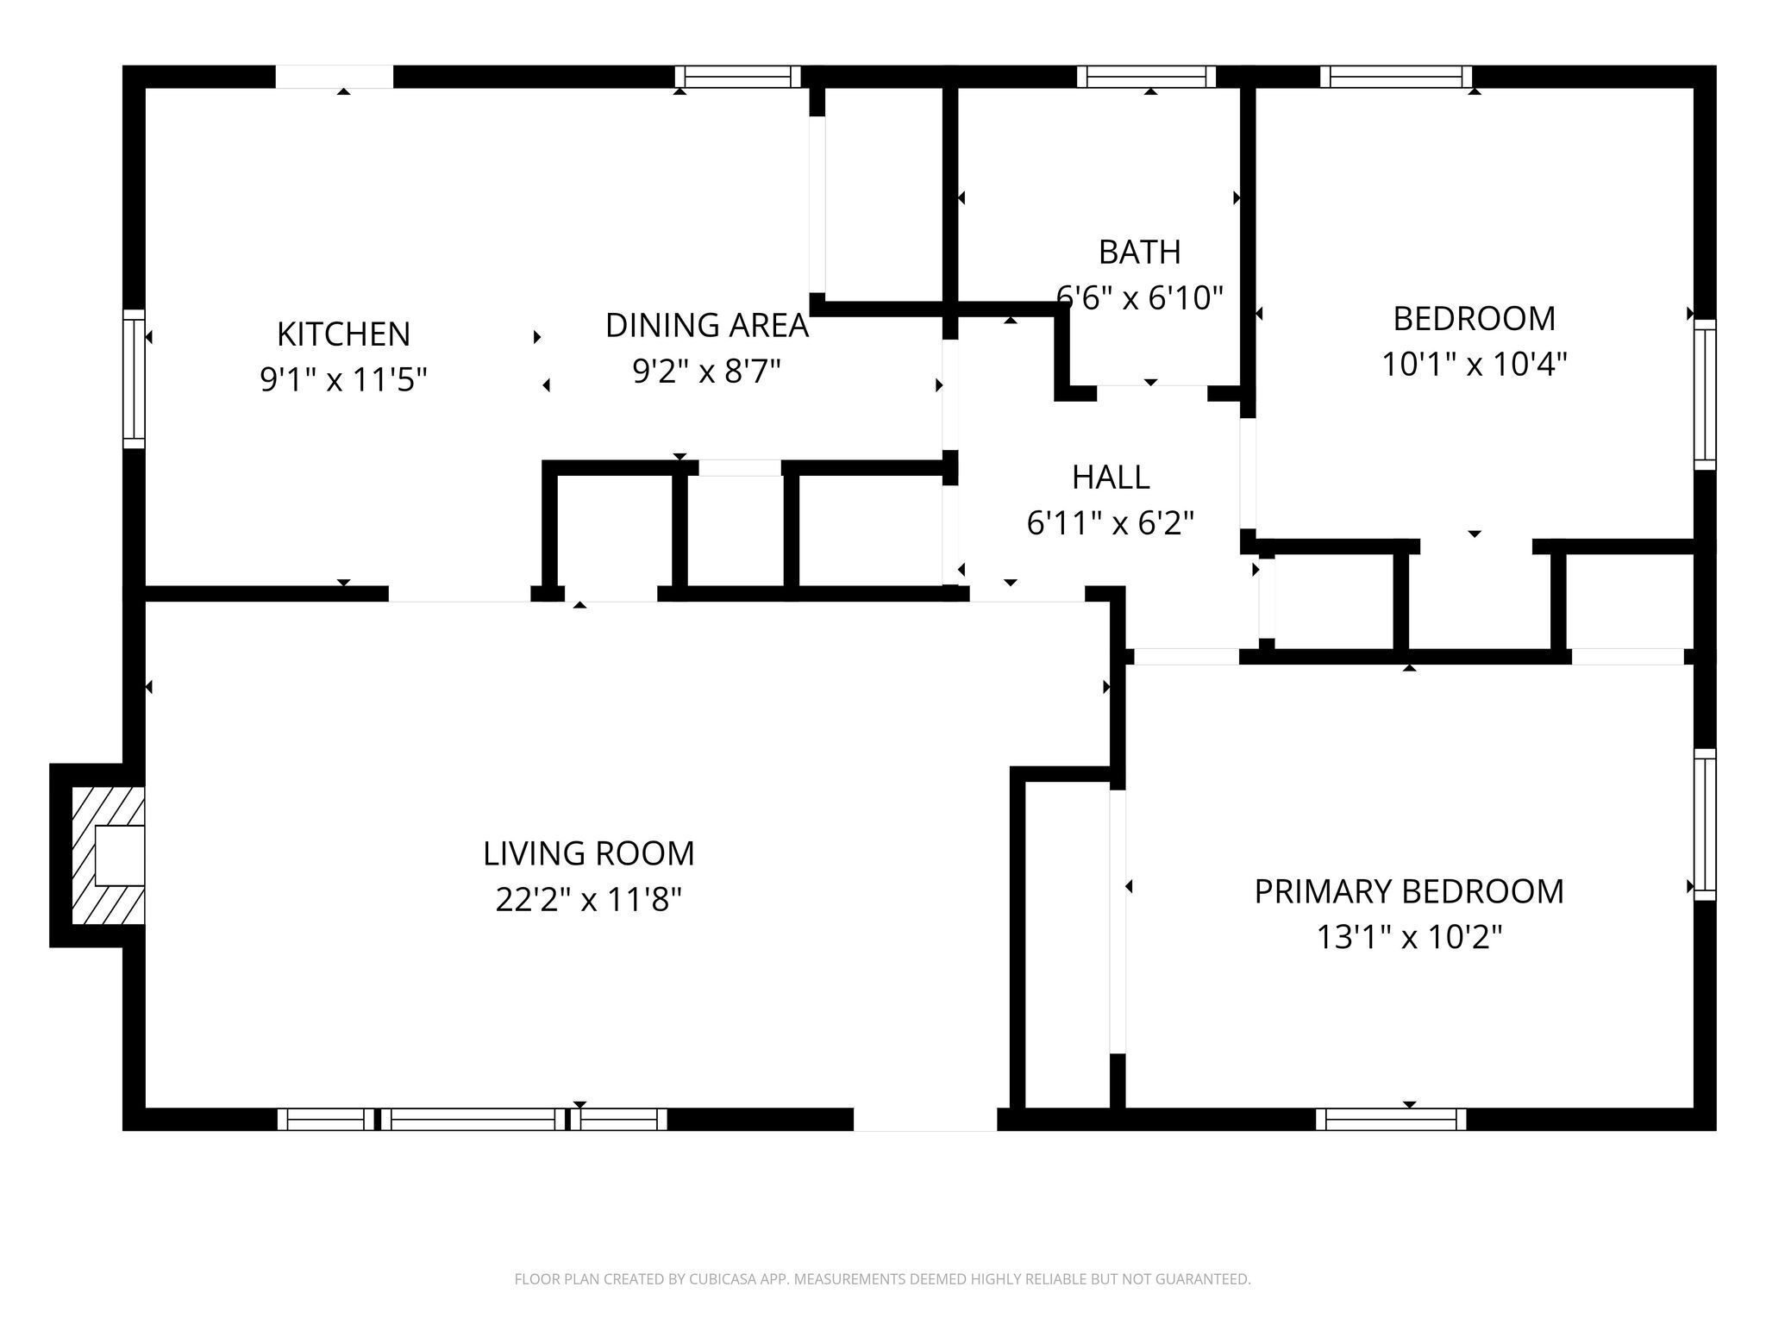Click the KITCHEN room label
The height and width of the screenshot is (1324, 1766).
(343, 334)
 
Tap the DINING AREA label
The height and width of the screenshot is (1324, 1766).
(706, 325)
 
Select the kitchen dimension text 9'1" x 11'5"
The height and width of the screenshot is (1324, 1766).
(343, 379)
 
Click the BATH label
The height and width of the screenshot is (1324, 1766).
(1139, 252)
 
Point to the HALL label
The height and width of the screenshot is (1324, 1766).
(1110, 477)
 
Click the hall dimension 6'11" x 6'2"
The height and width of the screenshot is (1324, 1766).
(1110, 522)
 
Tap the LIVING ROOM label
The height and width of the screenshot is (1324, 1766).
(588, 853)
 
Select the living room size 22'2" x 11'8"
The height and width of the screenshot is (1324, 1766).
(588, 900)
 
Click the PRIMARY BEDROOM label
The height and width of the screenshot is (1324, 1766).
(1408, 891)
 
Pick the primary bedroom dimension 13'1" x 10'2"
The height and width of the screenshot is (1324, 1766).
(1408, 937)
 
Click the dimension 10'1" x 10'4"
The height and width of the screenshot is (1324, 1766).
(1474, 364)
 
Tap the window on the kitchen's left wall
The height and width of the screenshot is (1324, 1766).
(134, 378)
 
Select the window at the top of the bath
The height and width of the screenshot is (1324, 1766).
(1146, 78)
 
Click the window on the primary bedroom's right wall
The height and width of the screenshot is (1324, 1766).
(1704, 825)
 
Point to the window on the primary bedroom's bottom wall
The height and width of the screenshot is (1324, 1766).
(1390, 1119)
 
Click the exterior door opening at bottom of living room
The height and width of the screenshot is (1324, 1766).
(924, 1119)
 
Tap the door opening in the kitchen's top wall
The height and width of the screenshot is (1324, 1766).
(334, 77)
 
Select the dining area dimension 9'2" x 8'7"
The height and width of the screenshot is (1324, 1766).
(706, 372)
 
